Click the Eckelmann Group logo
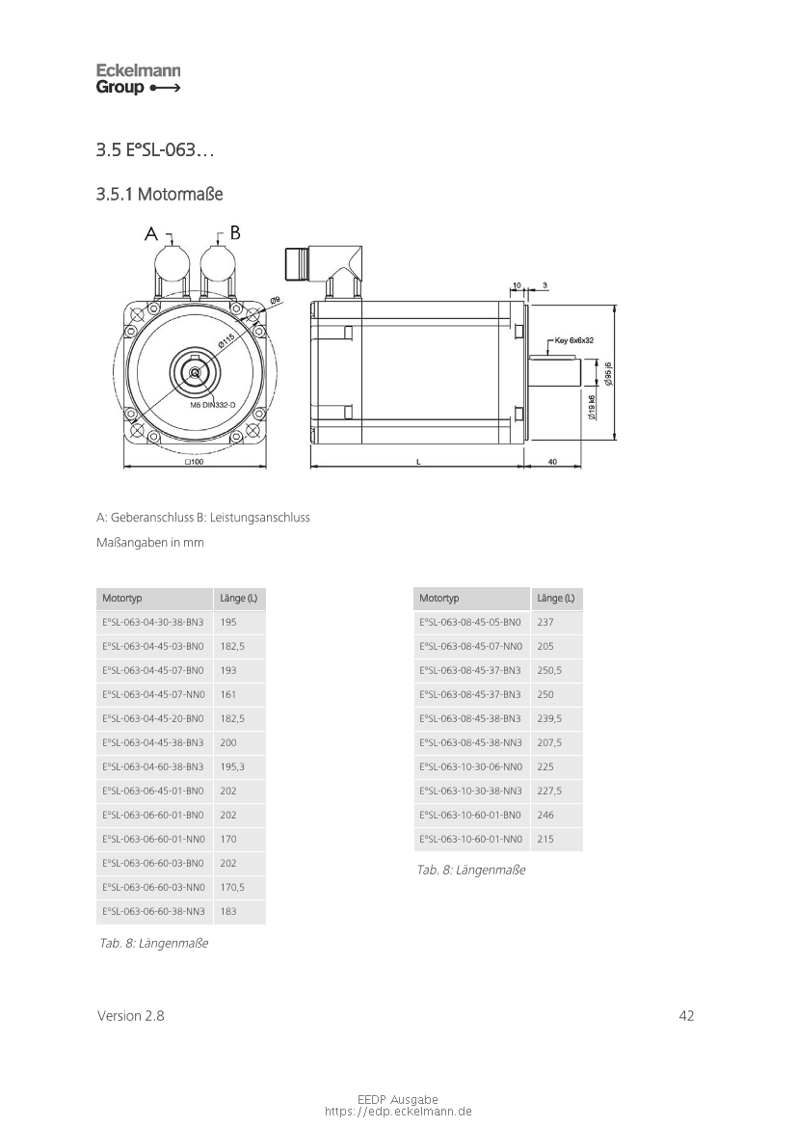click(x=138, y=79)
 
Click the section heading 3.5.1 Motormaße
click(x=160, y=194)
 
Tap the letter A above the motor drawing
click(x=151, y=234)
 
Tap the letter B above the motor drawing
click(x=235, y=232)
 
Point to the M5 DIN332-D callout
click(x=213, y=405)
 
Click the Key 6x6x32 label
click(x=574, y=340)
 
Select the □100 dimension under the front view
click(x=194, y=462)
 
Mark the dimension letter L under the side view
click(x=418, y=462)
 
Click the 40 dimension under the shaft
click(x=552, y=462)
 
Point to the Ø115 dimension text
click(x=227, y=340)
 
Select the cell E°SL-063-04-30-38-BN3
click(x=153, y=623)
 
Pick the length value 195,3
click(x=232, y=766)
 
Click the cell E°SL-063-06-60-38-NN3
click(x=154, y=911)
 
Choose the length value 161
click(x=227, y=694)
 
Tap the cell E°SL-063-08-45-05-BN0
click(x=470, y=623)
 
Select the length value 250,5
click(x=549, y=671)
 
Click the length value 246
click(x=545, y=815)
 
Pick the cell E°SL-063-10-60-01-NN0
click(x=470, y=839)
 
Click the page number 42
click(x=686, y=1015)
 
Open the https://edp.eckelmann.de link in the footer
click(x=398, y=1112)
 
